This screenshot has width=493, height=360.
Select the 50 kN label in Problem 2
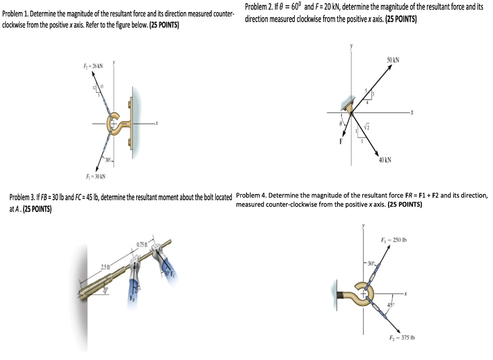393,61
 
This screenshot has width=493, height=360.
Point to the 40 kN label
385,160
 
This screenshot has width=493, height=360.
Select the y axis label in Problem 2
351,46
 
